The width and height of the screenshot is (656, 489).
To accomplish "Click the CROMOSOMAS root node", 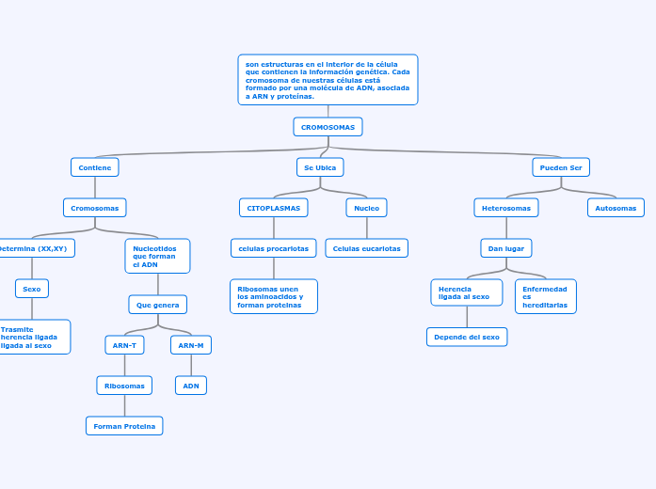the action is pyautogui.click(x=328, y=127).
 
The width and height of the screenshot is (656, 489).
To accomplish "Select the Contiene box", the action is pyautogui.click(x=94, y=167).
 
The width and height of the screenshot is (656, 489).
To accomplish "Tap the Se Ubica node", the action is pyautogui.click(x=320, y=167).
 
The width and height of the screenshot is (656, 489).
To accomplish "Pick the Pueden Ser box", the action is pyautogui.click(x=561, y=167).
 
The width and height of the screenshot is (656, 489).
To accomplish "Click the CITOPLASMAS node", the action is pyautogui.click(x=274, y=208).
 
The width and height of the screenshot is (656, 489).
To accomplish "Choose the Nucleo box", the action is pyautogui.click(x=366, y=208).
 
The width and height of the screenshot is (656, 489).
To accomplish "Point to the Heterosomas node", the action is pyautogui.click(x=506, y=208).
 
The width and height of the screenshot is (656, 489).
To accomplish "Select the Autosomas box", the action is pyautogui.click(x=616, y=208).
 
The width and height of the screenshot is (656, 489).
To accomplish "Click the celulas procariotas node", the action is pyautogui.click(x=274, y=248).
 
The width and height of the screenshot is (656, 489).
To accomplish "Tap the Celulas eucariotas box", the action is pyautogui.click(x=366, y=248).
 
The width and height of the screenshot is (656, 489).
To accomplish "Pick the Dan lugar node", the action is pyautogui.click(x=506, y=248).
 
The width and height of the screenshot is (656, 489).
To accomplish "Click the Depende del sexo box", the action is pyautogui.click(x=467, y=337).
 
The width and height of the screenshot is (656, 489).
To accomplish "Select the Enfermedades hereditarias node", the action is pyautogui.click(x=545, y=296).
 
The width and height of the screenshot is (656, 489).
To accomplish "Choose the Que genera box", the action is pyautogui.click(x=158, y=305).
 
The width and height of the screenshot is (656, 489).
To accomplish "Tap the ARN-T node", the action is pyautogui.click(x=124, y=345).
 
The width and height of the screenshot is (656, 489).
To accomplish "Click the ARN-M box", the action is pyautogui.click(x=191, y=345).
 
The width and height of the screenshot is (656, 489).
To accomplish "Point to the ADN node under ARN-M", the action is pyautogui.click(x=191, y=386).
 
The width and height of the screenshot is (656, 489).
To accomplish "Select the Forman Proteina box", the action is pyautogui.click(x=124, y=426).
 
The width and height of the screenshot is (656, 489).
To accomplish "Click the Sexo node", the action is pyautogui.click(x=32, y=289).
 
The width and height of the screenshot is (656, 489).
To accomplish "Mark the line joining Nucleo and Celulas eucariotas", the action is pyautogui.click(x=366, y=228).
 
